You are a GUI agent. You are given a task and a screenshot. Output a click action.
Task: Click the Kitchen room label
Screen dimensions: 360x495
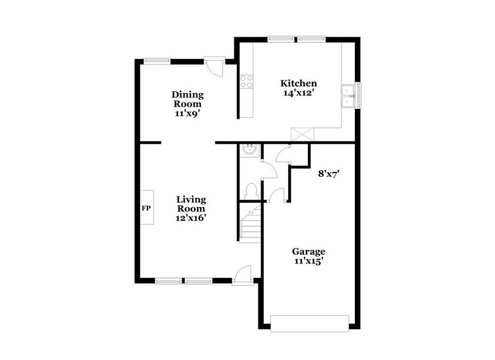(x=298, y=83)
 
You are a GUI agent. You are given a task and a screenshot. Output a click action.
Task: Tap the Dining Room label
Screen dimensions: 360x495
(x=187, y=100)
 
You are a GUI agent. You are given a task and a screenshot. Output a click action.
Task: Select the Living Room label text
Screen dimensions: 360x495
(x=191, y=204)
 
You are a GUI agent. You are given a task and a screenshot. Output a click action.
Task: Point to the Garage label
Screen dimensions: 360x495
(x=308, y=252)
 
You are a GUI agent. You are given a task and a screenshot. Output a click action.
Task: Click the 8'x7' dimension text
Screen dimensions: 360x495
(x=329, y=173)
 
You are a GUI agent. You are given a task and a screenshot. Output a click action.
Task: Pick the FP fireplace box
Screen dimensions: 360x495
(x=146, y=208)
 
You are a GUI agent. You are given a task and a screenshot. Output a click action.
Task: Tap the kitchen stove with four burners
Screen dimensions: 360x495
(x=247, y=83)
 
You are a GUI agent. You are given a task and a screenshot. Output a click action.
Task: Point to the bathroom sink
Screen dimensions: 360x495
(x=250, y=149)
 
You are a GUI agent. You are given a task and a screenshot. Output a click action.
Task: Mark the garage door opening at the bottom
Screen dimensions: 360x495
(x=310, y=322)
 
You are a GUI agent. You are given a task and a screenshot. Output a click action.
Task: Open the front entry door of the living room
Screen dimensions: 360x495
(x=242, y=274)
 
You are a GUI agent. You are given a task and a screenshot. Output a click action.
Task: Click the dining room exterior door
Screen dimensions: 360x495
(x=214, y=66)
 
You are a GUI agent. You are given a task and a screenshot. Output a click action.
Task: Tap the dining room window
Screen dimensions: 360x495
(x=157, y=60)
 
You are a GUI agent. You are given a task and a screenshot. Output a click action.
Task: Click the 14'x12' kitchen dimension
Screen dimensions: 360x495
(x=298, y=94)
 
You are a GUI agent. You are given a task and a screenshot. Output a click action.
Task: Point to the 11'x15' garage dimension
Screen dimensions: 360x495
(x=308, y=261)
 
